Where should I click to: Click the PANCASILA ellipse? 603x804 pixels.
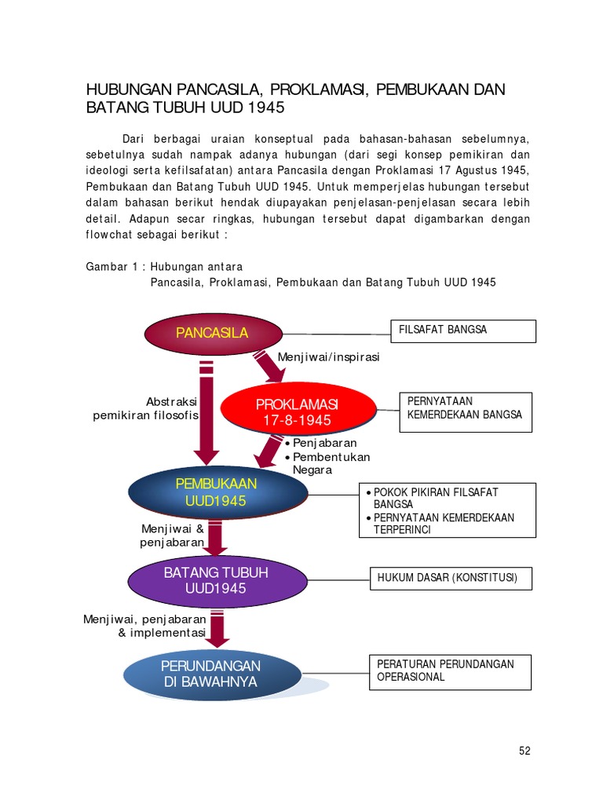click(x=212, y=333)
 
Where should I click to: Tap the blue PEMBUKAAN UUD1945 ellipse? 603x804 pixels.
click(x=217, y=492)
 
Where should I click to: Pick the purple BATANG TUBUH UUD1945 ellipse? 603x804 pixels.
click(x=216, y=580)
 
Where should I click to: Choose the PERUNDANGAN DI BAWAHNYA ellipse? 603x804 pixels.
click(x=211, y=674)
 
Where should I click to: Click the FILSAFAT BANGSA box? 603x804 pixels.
click(x=463, y=331)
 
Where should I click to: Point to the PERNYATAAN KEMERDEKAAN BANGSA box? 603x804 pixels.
click(x=466, y=411)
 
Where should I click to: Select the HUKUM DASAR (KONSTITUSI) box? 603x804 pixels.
click(x=451, y=579)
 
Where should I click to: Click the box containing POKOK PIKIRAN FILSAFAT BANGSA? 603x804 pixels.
click(x=448, y=510)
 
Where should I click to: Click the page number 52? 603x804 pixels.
click(x=524, y=751)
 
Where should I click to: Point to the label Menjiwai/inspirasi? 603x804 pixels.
click(x=328, y=357)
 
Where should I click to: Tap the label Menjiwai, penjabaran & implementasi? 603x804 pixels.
click(x=144, y=626)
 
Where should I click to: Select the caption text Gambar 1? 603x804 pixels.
click(x=111, y=267)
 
